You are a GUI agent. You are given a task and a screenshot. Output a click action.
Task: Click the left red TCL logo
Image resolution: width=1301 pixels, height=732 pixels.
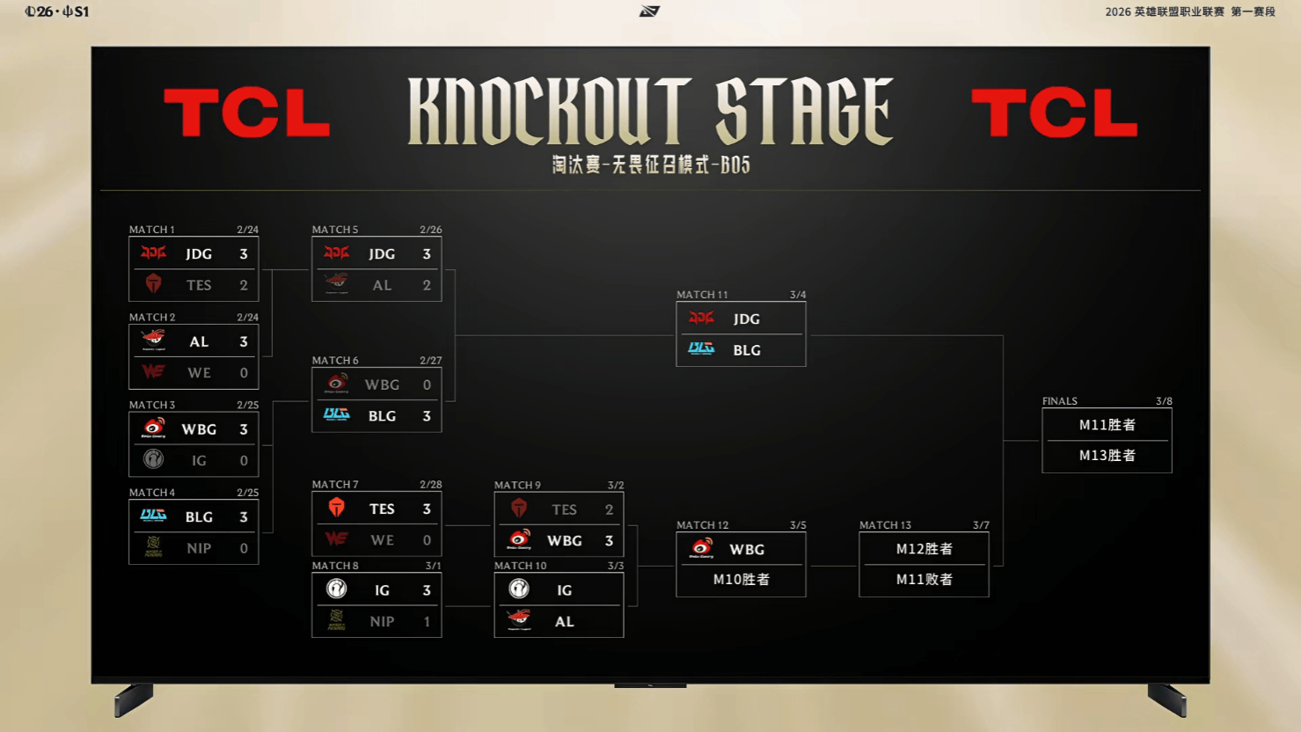click(246, 113)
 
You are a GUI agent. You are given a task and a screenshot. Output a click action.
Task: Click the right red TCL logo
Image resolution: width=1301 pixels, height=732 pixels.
click(1054, 113)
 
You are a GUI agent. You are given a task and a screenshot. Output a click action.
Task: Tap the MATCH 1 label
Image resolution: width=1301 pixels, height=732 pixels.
click(152, 230)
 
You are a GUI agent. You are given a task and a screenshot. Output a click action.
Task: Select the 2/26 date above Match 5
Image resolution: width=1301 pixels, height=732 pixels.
click(430, 230)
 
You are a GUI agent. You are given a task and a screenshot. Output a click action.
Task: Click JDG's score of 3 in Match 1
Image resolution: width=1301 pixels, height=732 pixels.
click(244, 254)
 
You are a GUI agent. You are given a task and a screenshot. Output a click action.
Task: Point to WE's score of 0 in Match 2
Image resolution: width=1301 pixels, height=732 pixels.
click(244, 373)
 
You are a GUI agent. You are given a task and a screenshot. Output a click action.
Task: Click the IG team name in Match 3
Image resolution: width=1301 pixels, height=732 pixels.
click(199, 460)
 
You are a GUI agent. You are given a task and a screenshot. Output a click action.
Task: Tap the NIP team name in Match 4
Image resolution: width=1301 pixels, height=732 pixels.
click(199, 548)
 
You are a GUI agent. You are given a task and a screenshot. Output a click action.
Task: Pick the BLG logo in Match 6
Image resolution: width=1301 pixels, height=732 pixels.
click(336, 415)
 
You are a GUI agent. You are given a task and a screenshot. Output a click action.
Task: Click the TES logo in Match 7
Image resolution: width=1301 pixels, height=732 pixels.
click(336, 509)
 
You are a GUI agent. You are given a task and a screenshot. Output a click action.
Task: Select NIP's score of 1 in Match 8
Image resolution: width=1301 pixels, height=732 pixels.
click(427, 621)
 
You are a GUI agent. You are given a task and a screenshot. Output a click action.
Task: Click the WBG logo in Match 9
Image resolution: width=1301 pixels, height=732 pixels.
click(519, 539)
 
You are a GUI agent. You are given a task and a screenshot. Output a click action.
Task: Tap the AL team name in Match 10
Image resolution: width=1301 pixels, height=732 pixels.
click(564, 621)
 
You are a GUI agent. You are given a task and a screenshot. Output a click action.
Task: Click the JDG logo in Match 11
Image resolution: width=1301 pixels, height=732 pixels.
click(701, 318)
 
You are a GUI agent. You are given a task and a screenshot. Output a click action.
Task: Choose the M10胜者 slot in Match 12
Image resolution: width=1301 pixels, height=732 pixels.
click(741, 580)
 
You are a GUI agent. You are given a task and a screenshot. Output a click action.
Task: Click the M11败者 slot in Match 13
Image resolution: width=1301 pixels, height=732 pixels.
click(924, 580)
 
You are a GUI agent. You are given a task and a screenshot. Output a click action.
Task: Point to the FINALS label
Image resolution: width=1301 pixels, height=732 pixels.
click(1060, 401)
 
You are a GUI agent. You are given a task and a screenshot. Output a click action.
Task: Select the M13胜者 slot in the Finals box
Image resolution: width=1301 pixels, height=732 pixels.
click(1107, 456)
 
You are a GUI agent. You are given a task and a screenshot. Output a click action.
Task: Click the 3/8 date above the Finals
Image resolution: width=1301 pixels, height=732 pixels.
click(1164, 401)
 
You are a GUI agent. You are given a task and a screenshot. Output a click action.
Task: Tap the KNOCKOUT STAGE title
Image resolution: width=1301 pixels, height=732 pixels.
click(650, 111)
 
